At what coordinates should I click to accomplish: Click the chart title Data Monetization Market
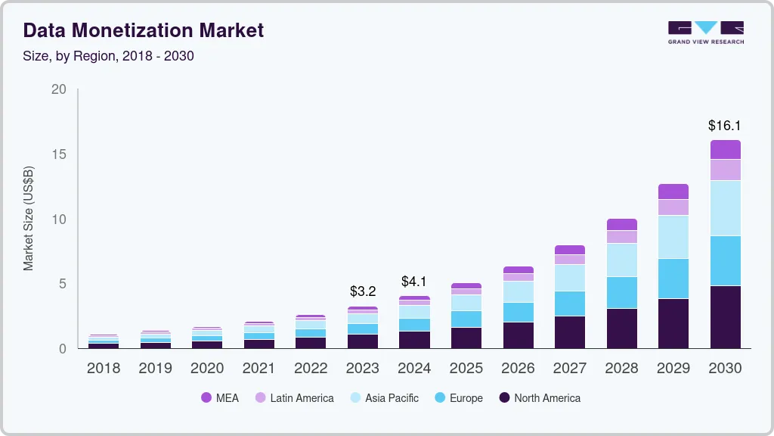[x=144, y=30]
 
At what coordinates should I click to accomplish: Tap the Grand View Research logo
[x=705, y=33]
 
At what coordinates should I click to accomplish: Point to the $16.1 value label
[x=725, y=126]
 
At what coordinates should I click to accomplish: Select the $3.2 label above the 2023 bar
[x=362, y=291]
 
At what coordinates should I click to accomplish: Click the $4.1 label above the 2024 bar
[x=414, y=282]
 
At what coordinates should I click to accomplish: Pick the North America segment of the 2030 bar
[x=725, y=316]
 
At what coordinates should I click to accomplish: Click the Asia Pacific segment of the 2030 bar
[x=725, y=208]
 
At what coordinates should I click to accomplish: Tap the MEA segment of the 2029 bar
[x=673, y=192]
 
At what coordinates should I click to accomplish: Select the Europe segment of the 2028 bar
[x=621, y=292]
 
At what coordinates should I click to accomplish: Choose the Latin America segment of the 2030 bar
[x=725, y=170]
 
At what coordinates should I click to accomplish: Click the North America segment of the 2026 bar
[x=518, y=335]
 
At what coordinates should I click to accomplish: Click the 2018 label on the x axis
[x=103, y=369]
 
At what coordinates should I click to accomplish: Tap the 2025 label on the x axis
[x=466, y=369]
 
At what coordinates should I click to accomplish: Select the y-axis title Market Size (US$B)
[x=29, y=217]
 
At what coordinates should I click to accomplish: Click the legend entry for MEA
[x=219, y=397]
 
